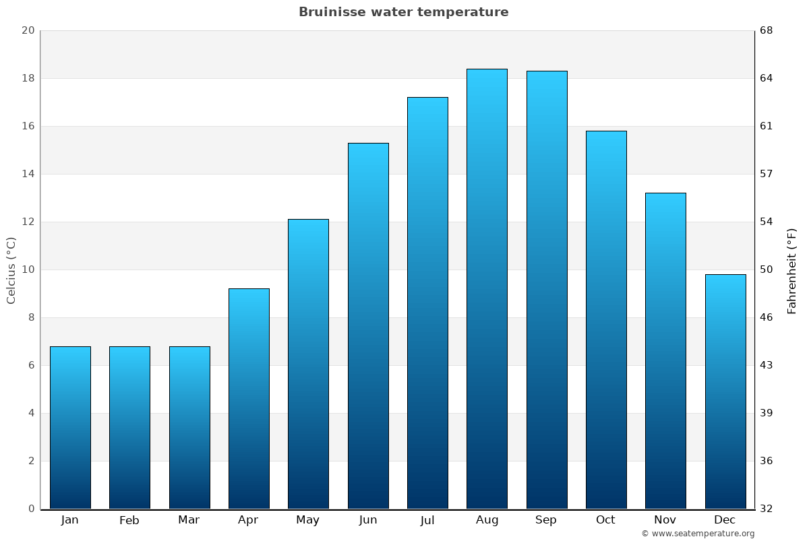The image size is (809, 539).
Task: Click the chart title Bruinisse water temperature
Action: (403, 12)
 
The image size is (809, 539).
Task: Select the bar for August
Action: (487, 290)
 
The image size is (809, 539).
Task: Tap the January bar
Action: (70, 428)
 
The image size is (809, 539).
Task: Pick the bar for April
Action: (249, 399)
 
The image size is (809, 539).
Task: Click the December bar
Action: (725, 391)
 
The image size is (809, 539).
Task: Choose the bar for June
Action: (368, 326)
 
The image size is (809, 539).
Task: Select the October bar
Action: (606, 320)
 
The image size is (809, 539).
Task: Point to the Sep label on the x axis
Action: (546, 520)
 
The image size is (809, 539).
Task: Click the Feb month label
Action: (129, 520)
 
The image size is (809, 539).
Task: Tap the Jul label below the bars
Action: (427, 520)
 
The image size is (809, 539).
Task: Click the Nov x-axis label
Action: (665, 520)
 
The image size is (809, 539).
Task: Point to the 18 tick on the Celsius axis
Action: (28, 78)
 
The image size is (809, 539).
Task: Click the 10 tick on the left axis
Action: (28, 269)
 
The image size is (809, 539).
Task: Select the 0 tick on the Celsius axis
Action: (31, 509)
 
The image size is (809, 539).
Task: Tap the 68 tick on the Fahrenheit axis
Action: (767, 30)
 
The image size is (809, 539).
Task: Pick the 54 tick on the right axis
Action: (767, 222)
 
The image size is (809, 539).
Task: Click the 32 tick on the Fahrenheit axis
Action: (767, 509)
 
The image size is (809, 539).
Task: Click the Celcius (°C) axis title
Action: (11, 269)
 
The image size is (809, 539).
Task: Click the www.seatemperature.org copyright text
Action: (698, 534)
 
